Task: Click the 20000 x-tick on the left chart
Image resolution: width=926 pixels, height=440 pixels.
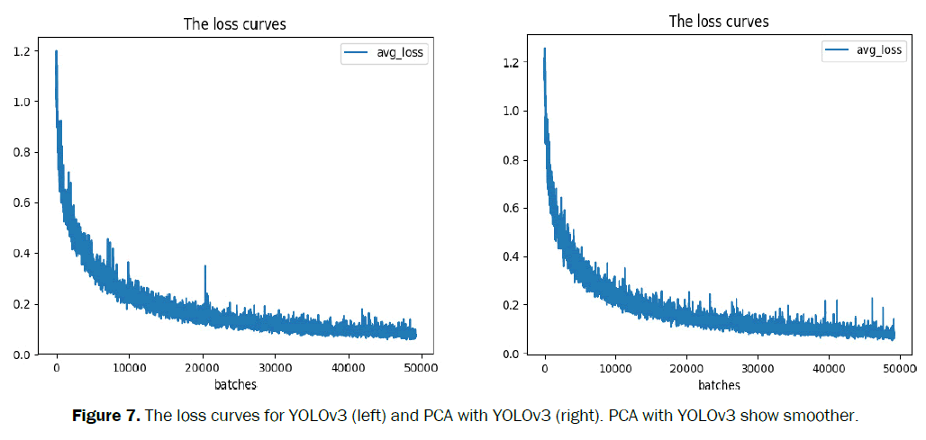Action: pos(203,367)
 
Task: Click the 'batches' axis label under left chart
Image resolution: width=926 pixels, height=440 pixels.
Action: pos(235,384)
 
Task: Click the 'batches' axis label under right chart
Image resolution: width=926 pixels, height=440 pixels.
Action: pos(719,384)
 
